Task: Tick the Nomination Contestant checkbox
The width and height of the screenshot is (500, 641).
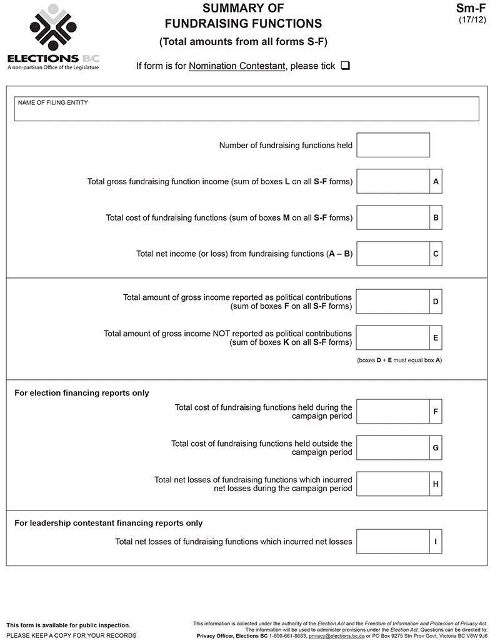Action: pos(346,66)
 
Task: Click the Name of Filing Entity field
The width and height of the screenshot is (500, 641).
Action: pos(246,109)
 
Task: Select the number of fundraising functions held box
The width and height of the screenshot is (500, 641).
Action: pos(392,145)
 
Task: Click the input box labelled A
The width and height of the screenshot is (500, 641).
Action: pos(392,182)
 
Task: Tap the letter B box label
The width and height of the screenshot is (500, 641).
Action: pos(436,218)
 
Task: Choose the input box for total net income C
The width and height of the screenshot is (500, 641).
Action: pos(392,254)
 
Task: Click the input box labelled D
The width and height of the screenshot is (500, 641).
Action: pos(392,302)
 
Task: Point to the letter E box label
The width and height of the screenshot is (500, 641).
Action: pos(436,338)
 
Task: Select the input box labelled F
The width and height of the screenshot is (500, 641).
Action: pos(392,412)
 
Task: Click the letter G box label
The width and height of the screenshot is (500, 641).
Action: pos(436,448)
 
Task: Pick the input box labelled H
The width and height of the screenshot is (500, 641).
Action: pos(392,484)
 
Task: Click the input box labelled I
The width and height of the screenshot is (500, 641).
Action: pos(392,542)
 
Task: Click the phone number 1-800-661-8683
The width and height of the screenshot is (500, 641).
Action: pos(287,635)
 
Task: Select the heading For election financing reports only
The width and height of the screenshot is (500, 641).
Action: pos(82,393)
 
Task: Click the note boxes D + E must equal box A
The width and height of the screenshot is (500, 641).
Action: pos(399,360)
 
